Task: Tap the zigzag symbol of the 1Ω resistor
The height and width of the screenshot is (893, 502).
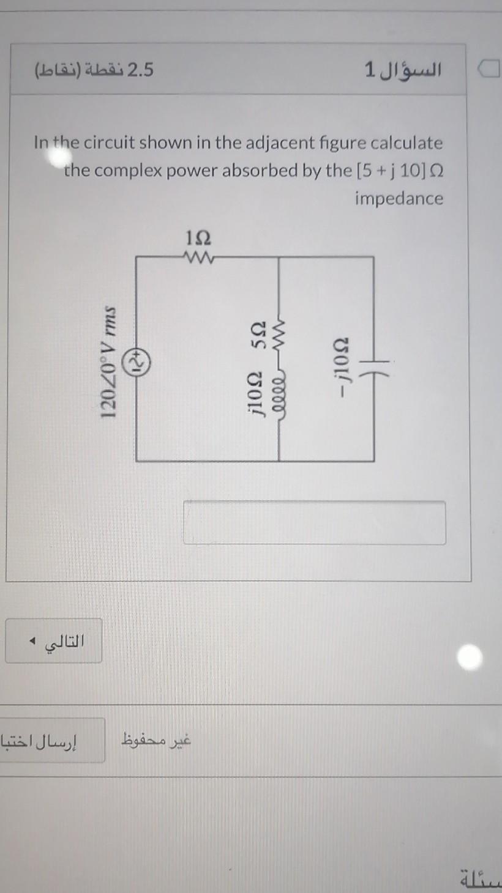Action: click(198, 257)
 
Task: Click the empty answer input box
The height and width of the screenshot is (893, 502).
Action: click(314, 522)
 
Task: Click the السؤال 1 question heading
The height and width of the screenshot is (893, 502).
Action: click(402, 70)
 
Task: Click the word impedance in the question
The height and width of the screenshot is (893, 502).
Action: click(399, 198)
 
